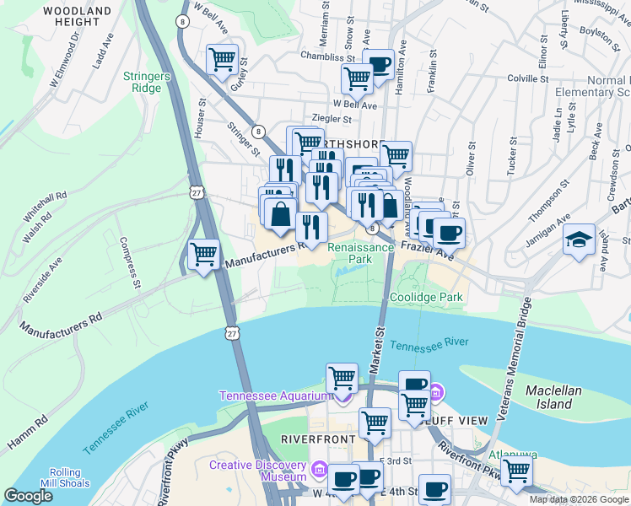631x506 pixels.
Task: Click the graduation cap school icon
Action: coord(580,239)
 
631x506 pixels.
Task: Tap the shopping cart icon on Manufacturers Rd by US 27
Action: coord(203,254)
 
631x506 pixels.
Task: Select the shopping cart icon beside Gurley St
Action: coord(222,60)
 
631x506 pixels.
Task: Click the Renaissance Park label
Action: coord(360,253)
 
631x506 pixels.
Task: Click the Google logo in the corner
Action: coord(29,496)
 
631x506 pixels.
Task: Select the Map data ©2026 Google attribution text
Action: coord(578,499)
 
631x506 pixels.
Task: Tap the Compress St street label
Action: coord(129,261)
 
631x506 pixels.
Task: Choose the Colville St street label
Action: coord(528,79)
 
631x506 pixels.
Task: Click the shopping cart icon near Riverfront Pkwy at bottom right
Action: coord(515,472)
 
